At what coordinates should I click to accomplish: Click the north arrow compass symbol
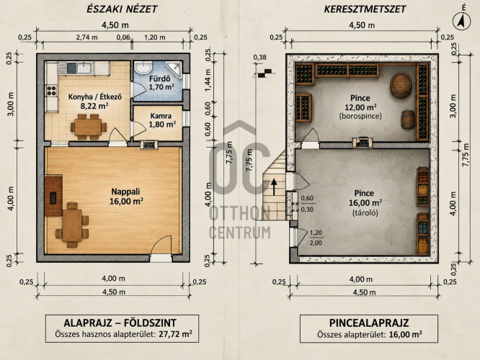462,22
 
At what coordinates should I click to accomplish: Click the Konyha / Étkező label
95,97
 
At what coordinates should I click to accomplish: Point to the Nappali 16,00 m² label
126,196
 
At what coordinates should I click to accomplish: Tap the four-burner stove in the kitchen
51,91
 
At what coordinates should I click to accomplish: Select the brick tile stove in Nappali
53,196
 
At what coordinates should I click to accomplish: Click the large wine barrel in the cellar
401,86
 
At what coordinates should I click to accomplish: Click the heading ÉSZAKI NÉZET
122,9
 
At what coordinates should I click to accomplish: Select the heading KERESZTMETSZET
365,9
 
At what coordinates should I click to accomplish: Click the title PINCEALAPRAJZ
369,323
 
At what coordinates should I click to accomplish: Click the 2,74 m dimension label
86,37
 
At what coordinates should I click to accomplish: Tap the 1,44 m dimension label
208,80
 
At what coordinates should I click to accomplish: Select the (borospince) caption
360,117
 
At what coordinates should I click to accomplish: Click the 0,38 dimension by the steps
260,57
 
